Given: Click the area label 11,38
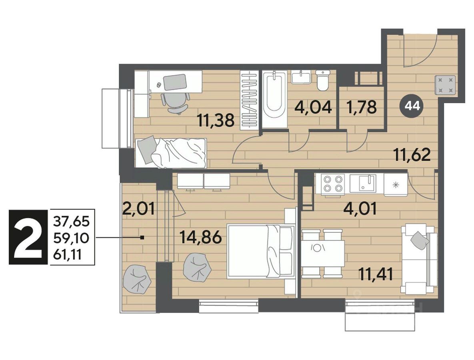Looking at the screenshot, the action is click(216, 120).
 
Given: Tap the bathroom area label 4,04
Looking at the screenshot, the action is click(314, 107).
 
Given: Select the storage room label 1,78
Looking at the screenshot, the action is click(362, 107).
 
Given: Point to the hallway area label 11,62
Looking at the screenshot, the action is click(412, 155).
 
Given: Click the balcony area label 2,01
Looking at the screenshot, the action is click(139, 208).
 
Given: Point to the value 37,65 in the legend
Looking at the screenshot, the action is click(72, 222).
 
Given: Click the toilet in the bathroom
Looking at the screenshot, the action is click(322, 80).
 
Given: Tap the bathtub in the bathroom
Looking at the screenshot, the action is click(274, 99).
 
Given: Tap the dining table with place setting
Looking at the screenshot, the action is click(323, 253).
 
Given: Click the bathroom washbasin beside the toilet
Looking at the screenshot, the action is click(301, 77).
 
